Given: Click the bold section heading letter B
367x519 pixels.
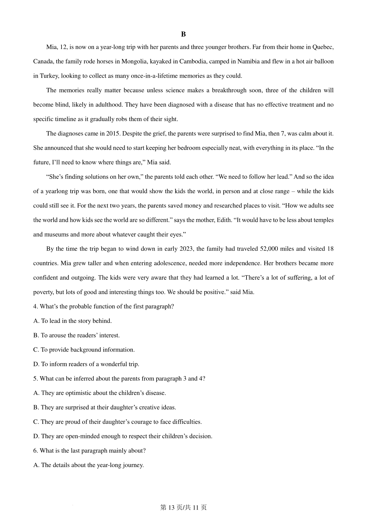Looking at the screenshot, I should click(x=183, y=34).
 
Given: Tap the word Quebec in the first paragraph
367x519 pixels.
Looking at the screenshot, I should click(x=323, y=47).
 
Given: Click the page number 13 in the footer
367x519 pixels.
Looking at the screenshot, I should click(x=171, y=508).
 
